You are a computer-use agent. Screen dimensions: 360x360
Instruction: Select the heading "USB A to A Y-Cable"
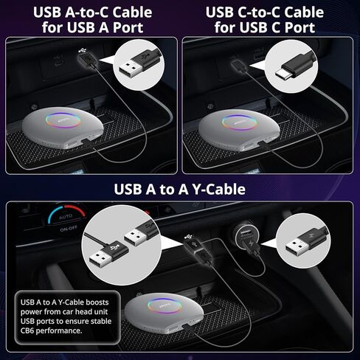tap(179, 188)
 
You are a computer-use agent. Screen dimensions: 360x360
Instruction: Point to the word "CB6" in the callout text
tap(30, 330)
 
